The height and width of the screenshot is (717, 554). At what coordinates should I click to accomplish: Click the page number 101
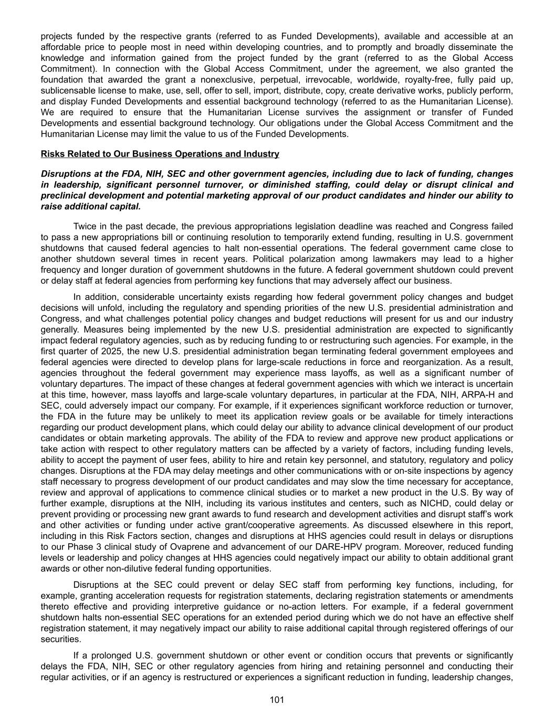[277, 700]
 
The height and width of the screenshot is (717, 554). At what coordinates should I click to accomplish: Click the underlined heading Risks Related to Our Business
[160, 154]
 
